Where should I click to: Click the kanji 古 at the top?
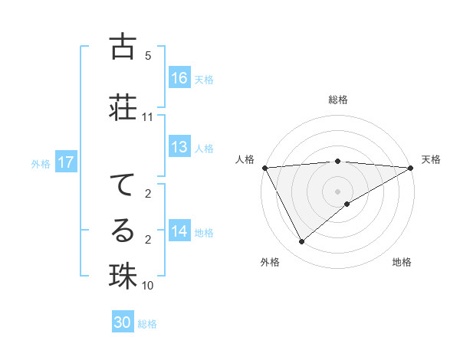(123, 47)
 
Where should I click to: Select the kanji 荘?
(123, 106)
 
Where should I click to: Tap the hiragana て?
(123, 185)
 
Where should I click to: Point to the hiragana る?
(123, 231)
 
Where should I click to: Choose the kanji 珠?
(123, 276)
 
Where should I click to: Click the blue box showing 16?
(179, 78)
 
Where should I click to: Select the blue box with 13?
(179, 147)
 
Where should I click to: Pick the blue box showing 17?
(66, 162)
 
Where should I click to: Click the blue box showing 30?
(123, 322)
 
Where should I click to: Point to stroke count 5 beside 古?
(148, 56)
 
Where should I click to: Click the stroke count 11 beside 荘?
(148, 117)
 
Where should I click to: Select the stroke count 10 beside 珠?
(148, 286)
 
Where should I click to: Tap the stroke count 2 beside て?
(148, 194)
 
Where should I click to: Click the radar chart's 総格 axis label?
(337, 100)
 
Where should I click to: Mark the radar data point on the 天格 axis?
(411, 168)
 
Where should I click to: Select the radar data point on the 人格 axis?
(264, 168)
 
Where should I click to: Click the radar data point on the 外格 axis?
(301, 242)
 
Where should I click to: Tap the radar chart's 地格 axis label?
(402, 263)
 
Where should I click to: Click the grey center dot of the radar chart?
(337, 191)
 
